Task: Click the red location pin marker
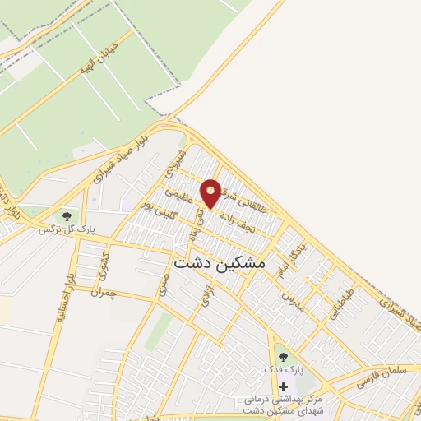click(x=211, y=192)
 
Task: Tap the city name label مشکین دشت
click(x=220, y=261)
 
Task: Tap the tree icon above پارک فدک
click(x=284, y=357)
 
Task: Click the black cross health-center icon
click(x=284, y=386)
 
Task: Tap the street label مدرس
click(x=294, y=302)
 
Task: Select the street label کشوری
click(x=101, y=266)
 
